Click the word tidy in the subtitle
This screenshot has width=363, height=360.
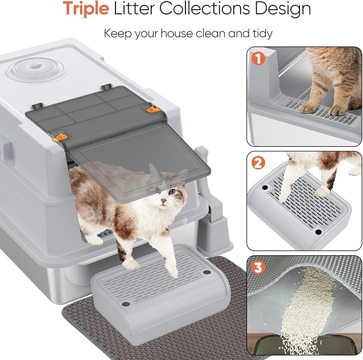coord(260,33)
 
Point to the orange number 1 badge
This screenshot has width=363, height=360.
coord(259,59)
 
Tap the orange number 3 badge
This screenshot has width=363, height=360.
coord(259,267)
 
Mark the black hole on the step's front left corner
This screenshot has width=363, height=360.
coord(126,304)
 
